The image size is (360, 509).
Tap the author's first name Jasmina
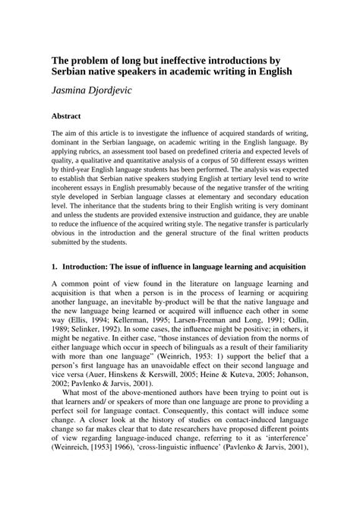(x=78, y=91)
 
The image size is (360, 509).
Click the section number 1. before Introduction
(x=54, y=289)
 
